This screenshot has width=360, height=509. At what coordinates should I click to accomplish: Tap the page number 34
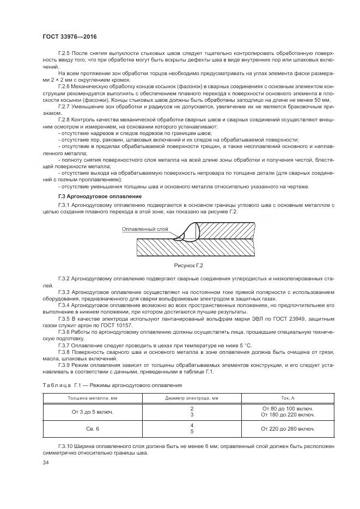coord(46,462)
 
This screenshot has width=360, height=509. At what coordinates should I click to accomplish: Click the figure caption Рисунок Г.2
coord(188,265)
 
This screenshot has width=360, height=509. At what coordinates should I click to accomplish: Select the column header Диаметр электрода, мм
coord(192,398)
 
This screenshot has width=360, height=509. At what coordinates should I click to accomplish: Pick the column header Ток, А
coord(288,398)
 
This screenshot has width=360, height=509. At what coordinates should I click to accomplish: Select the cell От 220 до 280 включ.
coord(288,428)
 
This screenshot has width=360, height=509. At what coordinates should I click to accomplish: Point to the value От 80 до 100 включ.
coord(288,408)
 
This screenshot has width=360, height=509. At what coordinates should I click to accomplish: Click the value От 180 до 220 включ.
coord(288,415)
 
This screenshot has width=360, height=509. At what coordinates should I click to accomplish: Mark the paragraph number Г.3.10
coord(66,446)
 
